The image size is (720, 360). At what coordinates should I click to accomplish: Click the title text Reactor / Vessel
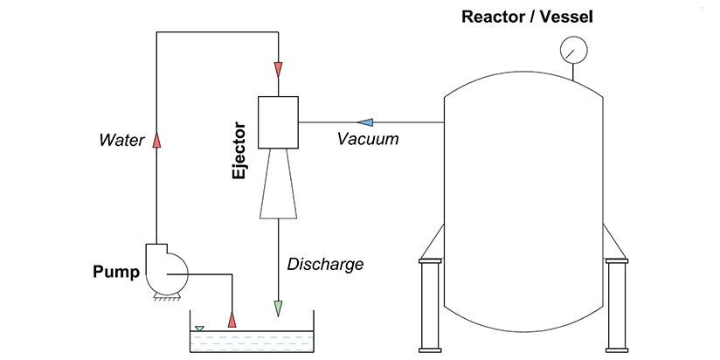[x=523, y=16]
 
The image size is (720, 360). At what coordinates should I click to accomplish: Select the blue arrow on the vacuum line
[x=367, y=121]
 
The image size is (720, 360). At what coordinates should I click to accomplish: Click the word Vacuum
[x=368, y=139]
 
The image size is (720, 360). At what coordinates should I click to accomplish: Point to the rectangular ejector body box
[x=278, y=121]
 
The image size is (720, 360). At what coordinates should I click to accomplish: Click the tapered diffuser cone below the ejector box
[x=278, y=183]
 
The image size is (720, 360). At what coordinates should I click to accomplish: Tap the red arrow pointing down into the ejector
[x=278, y=68]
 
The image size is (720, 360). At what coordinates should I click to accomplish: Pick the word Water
[x=121, y=139]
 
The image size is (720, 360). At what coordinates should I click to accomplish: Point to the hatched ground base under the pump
[x=166, y=297]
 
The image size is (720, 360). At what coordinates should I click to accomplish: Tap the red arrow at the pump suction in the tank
[x=232, y=317]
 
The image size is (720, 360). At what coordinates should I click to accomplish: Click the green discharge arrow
[x=278, y=308]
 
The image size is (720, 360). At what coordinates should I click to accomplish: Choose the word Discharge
[x=326, y=263]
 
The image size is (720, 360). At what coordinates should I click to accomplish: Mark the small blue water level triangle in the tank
[x=199, y=329]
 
